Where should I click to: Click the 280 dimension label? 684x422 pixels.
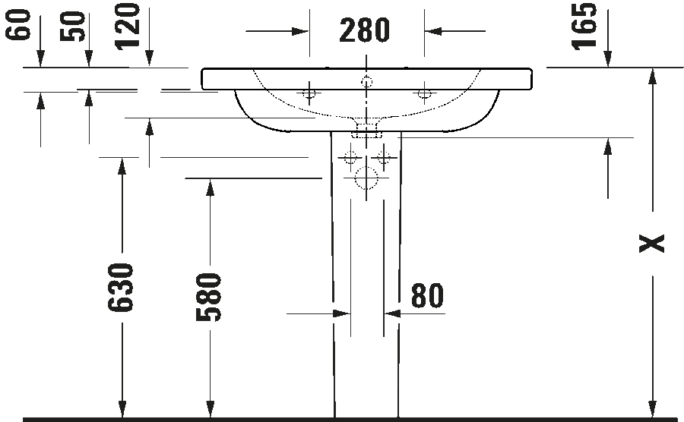[364, 30]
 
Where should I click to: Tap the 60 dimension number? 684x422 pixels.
[18, 25]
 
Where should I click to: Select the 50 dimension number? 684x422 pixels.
[72, 27]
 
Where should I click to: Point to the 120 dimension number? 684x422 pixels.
[128, 26]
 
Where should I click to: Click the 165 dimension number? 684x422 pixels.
[584, 26]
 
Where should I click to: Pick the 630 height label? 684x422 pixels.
[120, 288]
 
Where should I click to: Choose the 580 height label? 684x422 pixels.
[208, 298]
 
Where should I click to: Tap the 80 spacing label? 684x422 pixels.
[427, 296]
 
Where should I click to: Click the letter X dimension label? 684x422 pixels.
[652, 244]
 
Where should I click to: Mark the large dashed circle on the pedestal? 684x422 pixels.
[366, 178]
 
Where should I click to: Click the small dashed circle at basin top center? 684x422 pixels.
[366, 81]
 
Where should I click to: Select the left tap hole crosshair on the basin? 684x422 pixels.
[309, 93]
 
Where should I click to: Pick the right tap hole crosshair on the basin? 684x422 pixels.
[424, 93]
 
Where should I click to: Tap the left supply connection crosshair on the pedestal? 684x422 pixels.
[350, 157]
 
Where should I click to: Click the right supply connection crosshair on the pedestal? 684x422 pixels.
[384, 157]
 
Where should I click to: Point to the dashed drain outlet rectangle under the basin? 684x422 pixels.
[366, 130]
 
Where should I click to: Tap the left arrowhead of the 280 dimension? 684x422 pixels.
[300, 31]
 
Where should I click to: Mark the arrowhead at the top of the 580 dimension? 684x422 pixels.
[210, 187]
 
